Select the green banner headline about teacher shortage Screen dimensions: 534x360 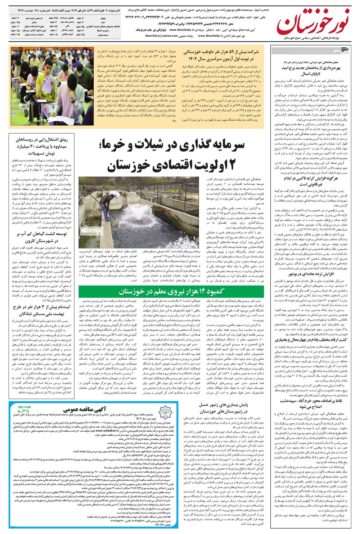point(172,291)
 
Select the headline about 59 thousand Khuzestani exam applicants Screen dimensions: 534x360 point(221,55)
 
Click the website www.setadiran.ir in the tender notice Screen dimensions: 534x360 point(101,430)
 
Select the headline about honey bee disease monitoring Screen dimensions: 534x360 point(223,408)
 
